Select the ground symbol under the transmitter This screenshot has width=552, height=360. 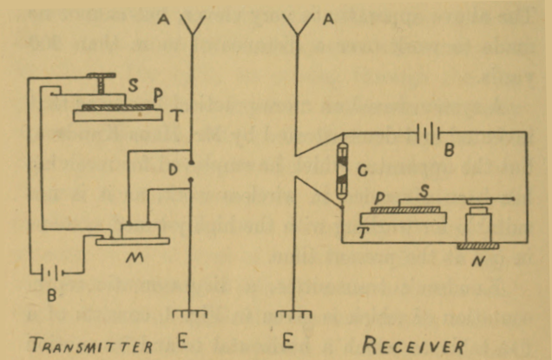coord(190,313)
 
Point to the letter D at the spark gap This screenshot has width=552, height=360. coord(174,172)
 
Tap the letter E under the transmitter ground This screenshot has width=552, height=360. coord(182,342)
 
